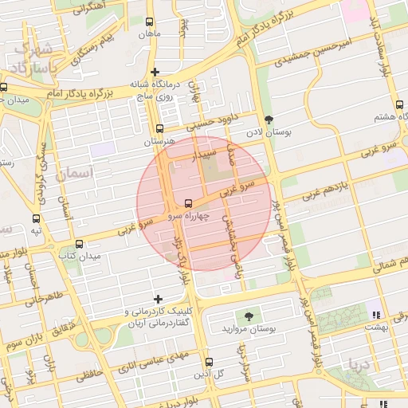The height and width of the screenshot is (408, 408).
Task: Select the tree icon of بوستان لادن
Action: [268, 120]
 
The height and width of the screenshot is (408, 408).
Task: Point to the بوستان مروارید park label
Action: [251, 328]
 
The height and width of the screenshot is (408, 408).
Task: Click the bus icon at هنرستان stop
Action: [159, 128]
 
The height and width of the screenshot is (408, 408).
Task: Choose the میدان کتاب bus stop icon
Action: [79, 244]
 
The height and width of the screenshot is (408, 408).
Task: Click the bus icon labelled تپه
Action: [36, 218]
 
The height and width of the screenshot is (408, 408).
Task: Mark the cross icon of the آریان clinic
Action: [158, 299]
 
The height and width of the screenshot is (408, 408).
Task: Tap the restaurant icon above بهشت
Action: [375, 315]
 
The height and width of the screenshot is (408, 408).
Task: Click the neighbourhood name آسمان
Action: [76, 172]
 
